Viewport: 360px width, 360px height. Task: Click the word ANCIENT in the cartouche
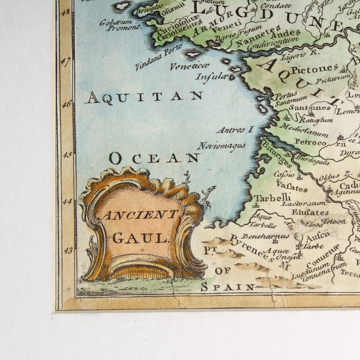[x=140, y=215]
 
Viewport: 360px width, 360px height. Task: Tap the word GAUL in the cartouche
[x=139, y=238]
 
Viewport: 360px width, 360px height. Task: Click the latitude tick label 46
[x=65, y=105]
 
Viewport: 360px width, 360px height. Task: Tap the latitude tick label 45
[x=65, y=154]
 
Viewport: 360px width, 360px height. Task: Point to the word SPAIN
[x=228, y=287]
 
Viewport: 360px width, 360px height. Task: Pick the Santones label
[x=311, y=107]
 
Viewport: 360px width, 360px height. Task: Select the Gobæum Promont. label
[x=122, y=24]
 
